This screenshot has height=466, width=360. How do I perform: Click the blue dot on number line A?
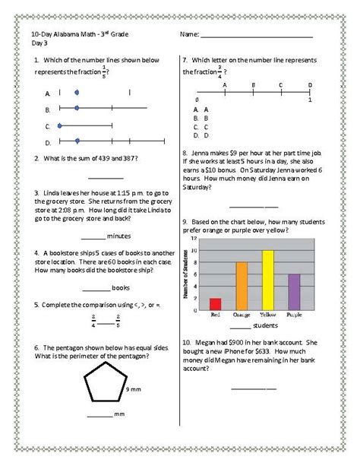77,92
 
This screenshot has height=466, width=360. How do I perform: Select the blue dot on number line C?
59,125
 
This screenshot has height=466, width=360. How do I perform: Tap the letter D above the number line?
309,85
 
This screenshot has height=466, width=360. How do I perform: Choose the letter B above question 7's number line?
253,85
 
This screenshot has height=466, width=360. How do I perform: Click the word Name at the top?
189,35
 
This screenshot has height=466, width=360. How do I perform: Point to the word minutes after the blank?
120,236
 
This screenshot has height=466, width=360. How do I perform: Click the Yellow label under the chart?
267,312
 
